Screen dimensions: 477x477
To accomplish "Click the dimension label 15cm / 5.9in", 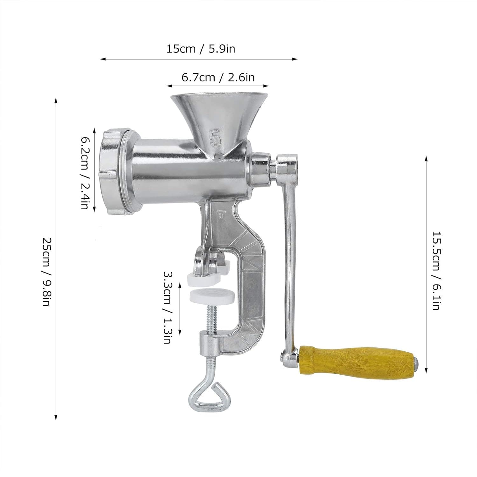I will pyautogui.click(x=201, y=49).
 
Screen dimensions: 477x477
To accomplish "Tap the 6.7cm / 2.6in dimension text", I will pyautogui.click(x=218, y=77).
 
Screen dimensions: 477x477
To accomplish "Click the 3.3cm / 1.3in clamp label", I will pyautogui.click(x=168, y=307).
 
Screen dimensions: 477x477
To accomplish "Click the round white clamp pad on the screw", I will pyautogui.click(x=212, y=296).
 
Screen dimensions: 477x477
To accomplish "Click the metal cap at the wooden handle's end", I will pyautogui.click(x=416, y=363).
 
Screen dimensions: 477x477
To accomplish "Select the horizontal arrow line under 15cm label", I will pyautogui.click(x=199, y=59).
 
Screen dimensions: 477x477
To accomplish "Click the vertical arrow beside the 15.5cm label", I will pyautogui.click(x=426, y=264).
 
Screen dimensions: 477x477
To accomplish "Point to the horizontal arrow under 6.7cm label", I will pyautogui.click(x=218, y=86).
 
